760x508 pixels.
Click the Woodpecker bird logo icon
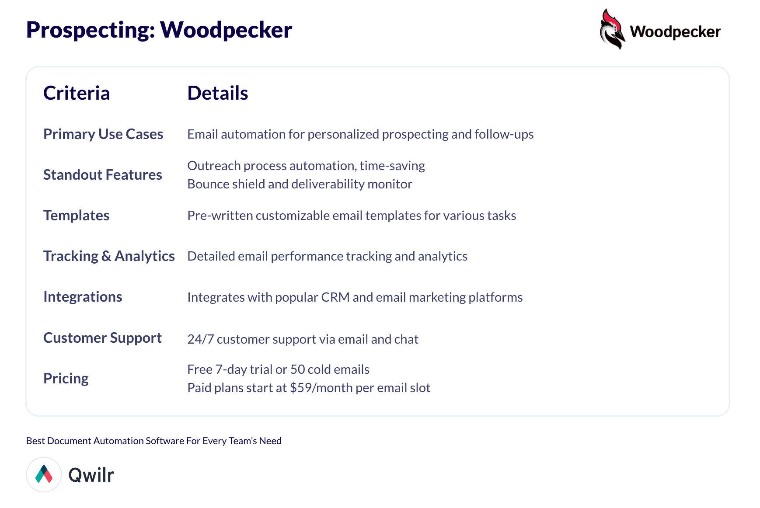click(613, 29)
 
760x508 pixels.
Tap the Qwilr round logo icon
click(44, 475)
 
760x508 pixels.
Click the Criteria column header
click(77, 93)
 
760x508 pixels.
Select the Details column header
click(218, 93)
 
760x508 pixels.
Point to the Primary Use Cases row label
click(103, 134)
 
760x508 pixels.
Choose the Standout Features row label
click(103, 174)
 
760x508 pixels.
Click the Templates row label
click(77, 216)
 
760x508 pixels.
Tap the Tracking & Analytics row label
click(109, 256)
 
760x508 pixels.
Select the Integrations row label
click(83, 297)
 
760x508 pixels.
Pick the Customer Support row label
click(103, 338)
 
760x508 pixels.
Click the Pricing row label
click(66, 379)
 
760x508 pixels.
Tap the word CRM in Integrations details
click(335, 297)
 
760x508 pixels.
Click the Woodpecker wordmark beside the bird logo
click(675, 32)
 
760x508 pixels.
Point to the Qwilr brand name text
click(91, 475)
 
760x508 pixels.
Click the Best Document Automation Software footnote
click(154, 441)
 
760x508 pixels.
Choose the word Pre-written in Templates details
click(220, 216)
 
